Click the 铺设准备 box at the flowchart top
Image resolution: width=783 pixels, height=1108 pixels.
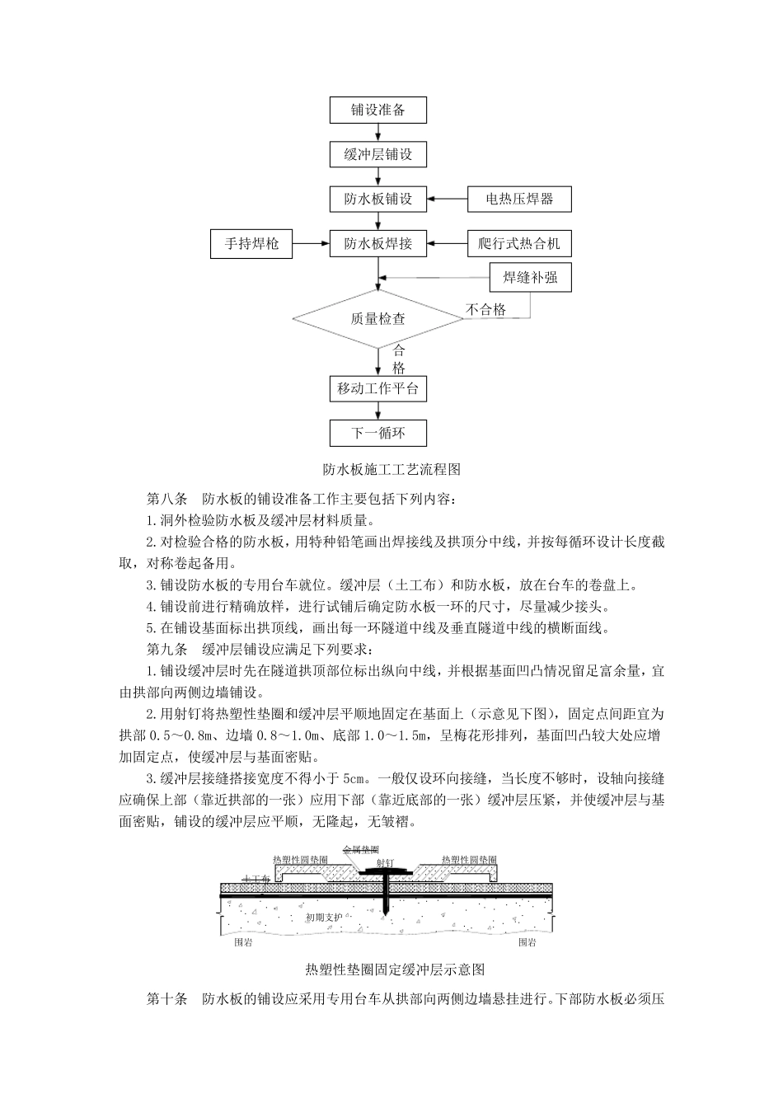pyautogui.click(x=378, y=110)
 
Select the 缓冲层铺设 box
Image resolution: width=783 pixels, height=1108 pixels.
pyautogui.click(x=378, y=154)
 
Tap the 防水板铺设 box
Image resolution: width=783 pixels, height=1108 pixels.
pyautogui.click(x=378, y=199)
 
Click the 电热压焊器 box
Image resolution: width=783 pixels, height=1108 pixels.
pyautogui.click(x=519, y=199)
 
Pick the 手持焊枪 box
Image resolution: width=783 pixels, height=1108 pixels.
pyautogui.click(x=252, y=243)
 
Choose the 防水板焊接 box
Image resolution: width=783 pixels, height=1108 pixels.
pyautogui.click(x=378, y=243)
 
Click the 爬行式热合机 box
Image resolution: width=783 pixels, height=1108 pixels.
pyautogui.click(x=519, y=243)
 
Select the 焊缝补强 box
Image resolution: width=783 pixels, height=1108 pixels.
pyautogui.click(x=530, y=277)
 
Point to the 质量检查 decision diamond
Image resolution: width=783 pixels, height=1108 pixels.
pyautogui.click(x=378, y=318)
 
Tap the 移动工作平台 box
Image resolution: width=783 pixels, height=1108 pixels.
pyautogui.click(x=378, y=388)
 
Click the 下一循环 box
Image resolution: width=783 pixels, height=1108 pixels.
pyautogui.click(x=378, y=433)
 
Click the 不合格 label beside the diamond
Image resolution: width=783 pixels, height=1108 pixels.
pyautogui.click(x=485, y=310)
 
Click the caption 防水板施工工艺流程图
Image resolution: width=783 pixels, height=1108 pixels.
pyautogui.click(x=391, y=470)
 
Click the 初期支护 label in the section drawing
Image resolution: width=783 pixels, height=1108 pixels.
pyautogui.click(x=321, y=918)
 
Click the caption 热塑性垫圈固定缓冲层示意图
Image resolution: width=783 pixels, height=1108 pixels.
pyautogui.click(x=394, y=969)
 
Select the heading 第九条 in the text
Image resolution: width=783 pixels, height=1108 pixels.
pyautogui.click(x=167, y=650)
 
